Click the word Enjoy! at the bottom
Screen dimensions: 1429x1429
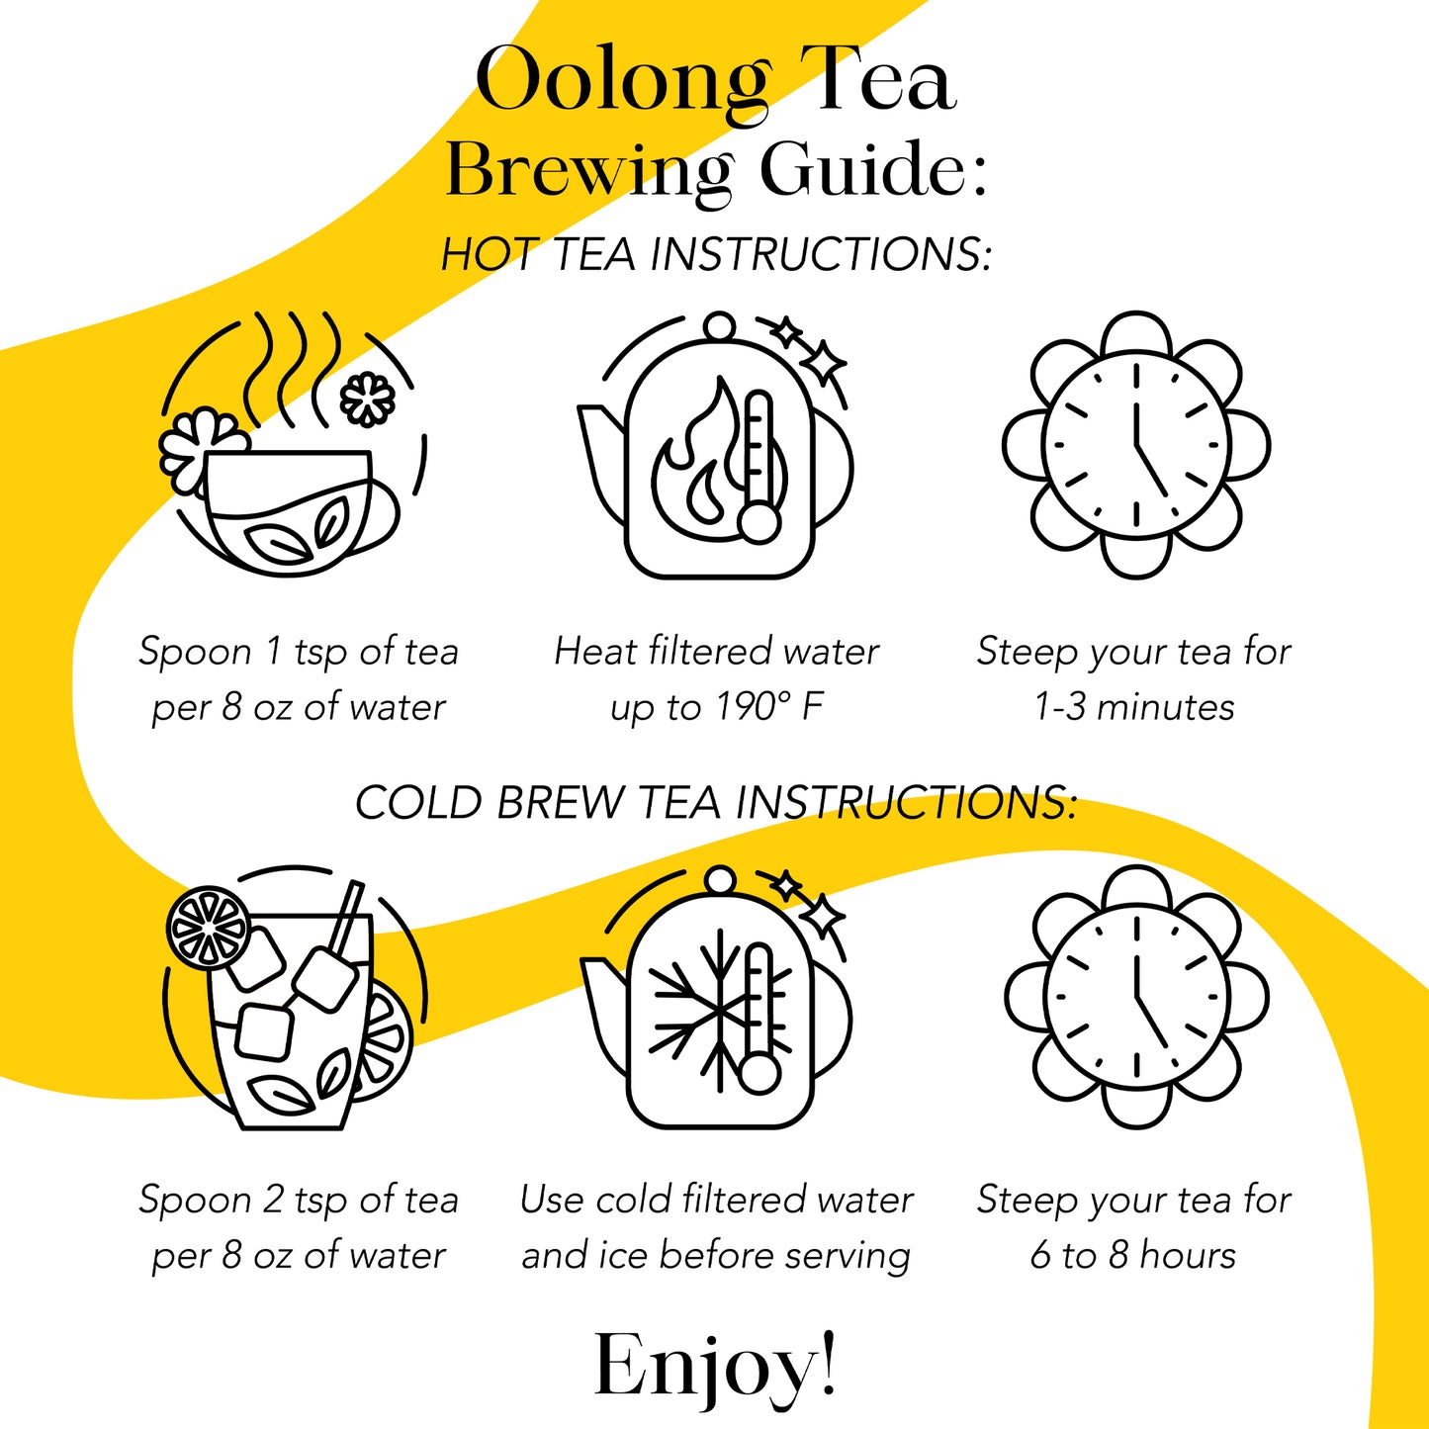click(x=716, y=1366)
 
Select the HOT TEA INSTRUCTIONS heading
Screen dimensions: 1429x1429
click(x=716, y=253)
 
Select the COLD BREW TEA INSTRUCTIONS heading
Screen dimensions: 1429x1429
click(x=716, y=802)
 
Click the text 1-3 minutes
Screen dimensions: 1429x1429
click(x=1134, y=706)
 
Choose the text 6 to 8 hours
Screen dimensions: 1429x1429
click(x=1133, y=1255)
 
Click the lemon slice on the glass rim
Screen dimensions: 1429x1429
click(x=209, y=928)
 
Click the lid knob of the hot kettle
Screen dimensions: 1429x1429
click(x=719, y=326)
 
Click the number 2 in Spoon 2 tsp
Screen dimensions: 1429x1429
click(x=273, y=1200)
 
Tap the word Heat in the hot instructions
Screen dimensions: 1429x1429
click(x=595, y=651)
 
